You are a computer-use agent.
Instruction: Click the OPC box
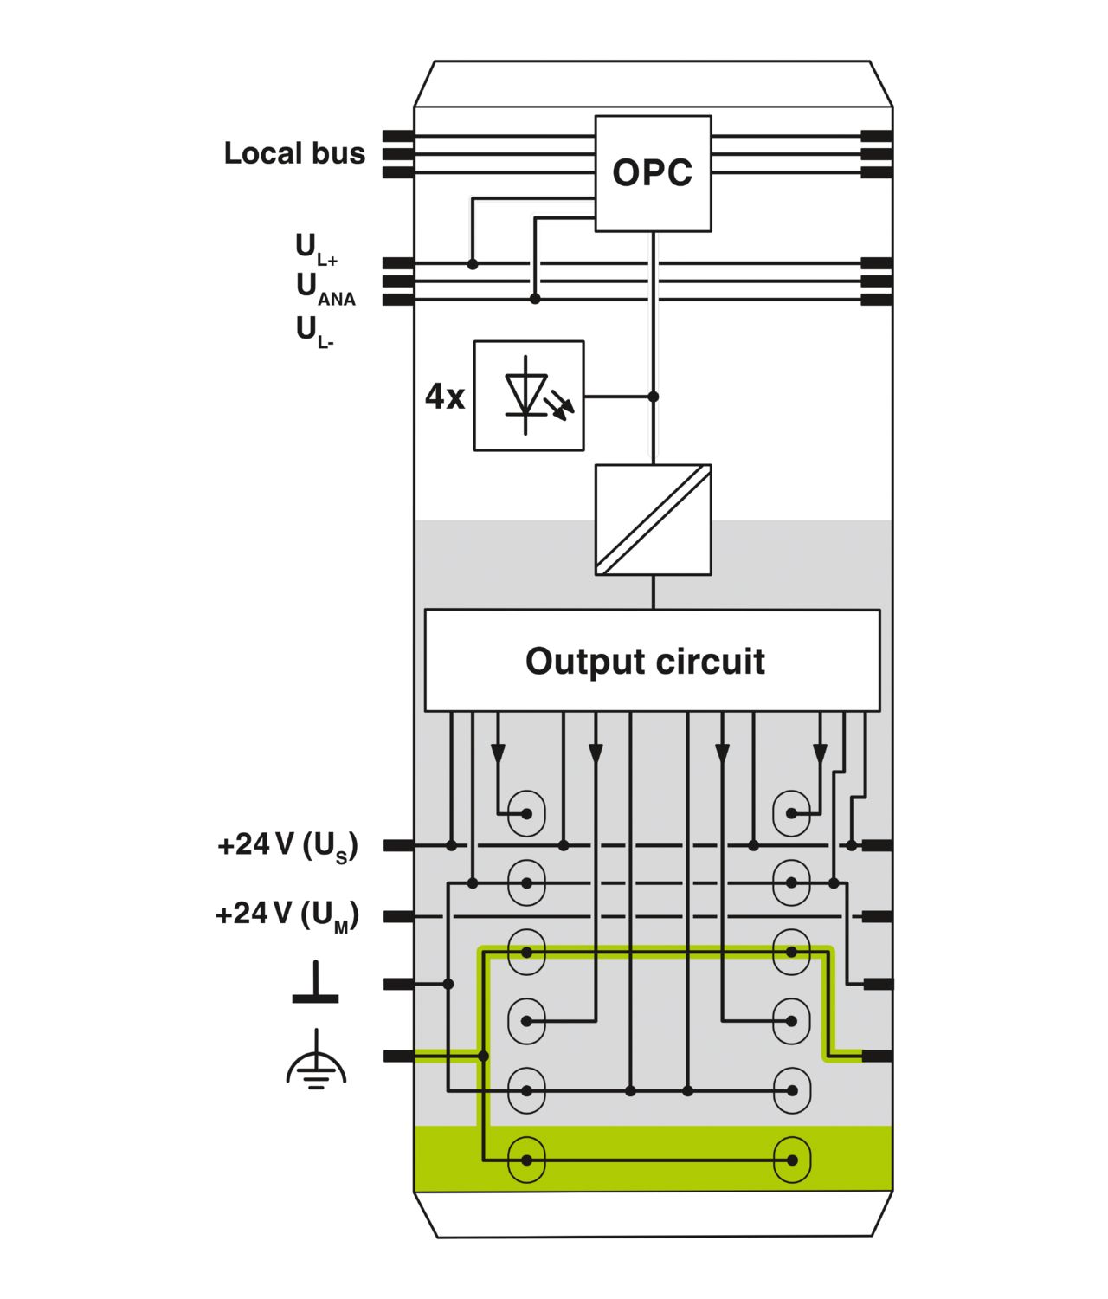(653, 173)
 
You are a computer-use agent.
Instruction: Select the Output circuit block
(652, 661)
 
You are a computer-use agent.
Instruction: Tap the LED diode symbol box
(528, 396)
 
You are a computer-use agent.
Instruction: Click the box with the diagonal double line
(653, 520)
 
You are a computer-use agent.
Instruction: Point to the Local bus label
(294, 153)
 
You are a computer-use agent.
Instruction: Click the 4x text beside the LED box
(445, 397)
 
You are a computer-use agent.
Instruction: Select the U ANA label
(325, 289)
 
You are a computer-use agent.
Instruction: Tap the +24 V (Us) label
(287, 846)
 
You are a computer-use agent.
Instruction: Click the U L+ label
(317, 249)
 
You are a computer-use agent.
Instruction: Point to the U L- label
(315, 332)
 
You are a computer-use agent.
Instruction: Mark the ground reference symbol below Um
(315, 982)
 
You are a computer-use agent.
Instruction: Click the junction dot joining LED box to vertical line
(654, 397)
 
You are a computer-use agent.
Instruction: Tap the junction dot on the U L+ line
(473, 265)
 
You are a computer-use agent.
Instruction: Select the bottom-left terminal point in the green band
(526, 1160)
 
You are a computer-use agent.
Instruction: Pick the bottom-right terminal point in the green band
(791, 1160)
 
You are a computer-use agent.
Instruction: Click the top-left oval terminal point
(526, 814)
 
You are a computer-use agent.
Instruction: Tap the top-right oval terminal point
(791, 814)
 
